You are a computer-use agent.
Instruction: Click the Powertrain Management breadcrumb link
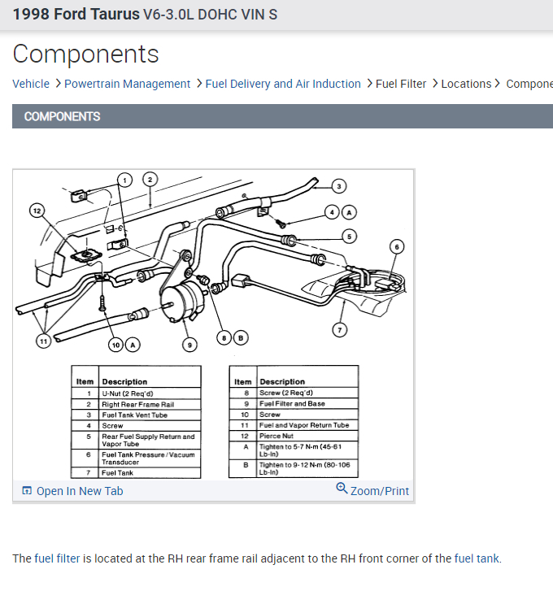pos(127,84)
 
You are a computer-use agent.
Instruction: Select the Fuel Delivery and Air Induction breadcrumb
pos(283,84)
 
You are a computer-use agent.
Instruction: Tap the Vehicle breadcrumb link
pos(31,84)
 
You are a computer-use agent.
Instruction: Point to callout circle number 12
pos(37,211)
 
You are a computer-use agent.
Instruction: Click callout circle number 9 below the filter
pos(189,345)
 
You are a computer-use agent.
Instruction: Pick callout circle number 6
pos(397,246)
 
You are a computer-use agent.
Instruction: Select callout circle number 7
pos(340,329)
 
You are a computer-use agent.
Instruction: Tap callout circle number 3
pos(339,185)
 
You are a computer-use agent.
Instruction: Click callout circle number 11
pos(43,341)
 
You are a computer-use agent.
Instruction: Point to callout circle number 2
pos(150,179)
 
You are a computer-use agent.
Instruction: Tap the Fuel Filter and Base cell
pos(307,404)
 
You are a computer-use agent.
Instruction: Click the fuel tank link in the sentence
pos(477,558)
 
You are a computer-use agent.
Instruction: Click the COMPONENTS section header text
pos(63,116)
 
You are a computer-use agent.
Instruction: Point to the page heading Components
pos(86,54)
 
